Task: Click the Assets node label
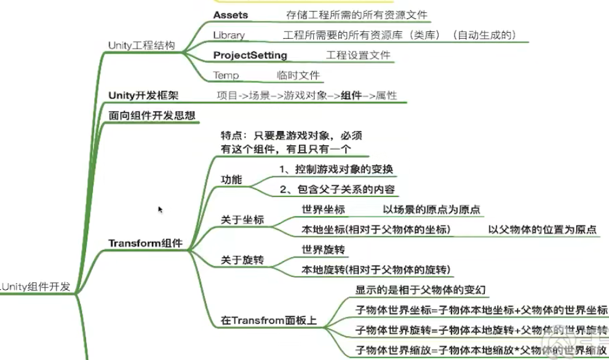231,14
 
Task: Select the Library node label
229,35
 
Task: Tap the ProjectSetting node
250,55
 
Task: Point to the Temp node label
226,76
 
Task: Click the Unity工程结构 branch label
141,46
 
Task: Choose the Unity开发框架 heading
148,95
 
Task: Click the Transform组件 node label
145,243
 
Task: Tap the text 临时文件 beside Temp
298,76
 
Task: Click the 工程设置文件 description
358,55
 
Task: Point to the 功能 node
231,180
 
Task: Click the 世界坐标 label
323,209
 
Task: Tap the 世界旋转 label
323,250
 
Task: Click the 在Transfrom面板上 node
269,321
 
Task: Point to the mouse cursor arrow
160,209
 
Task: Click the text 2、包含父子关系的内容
336,190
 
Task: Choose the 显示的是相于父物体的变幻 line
421,290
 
